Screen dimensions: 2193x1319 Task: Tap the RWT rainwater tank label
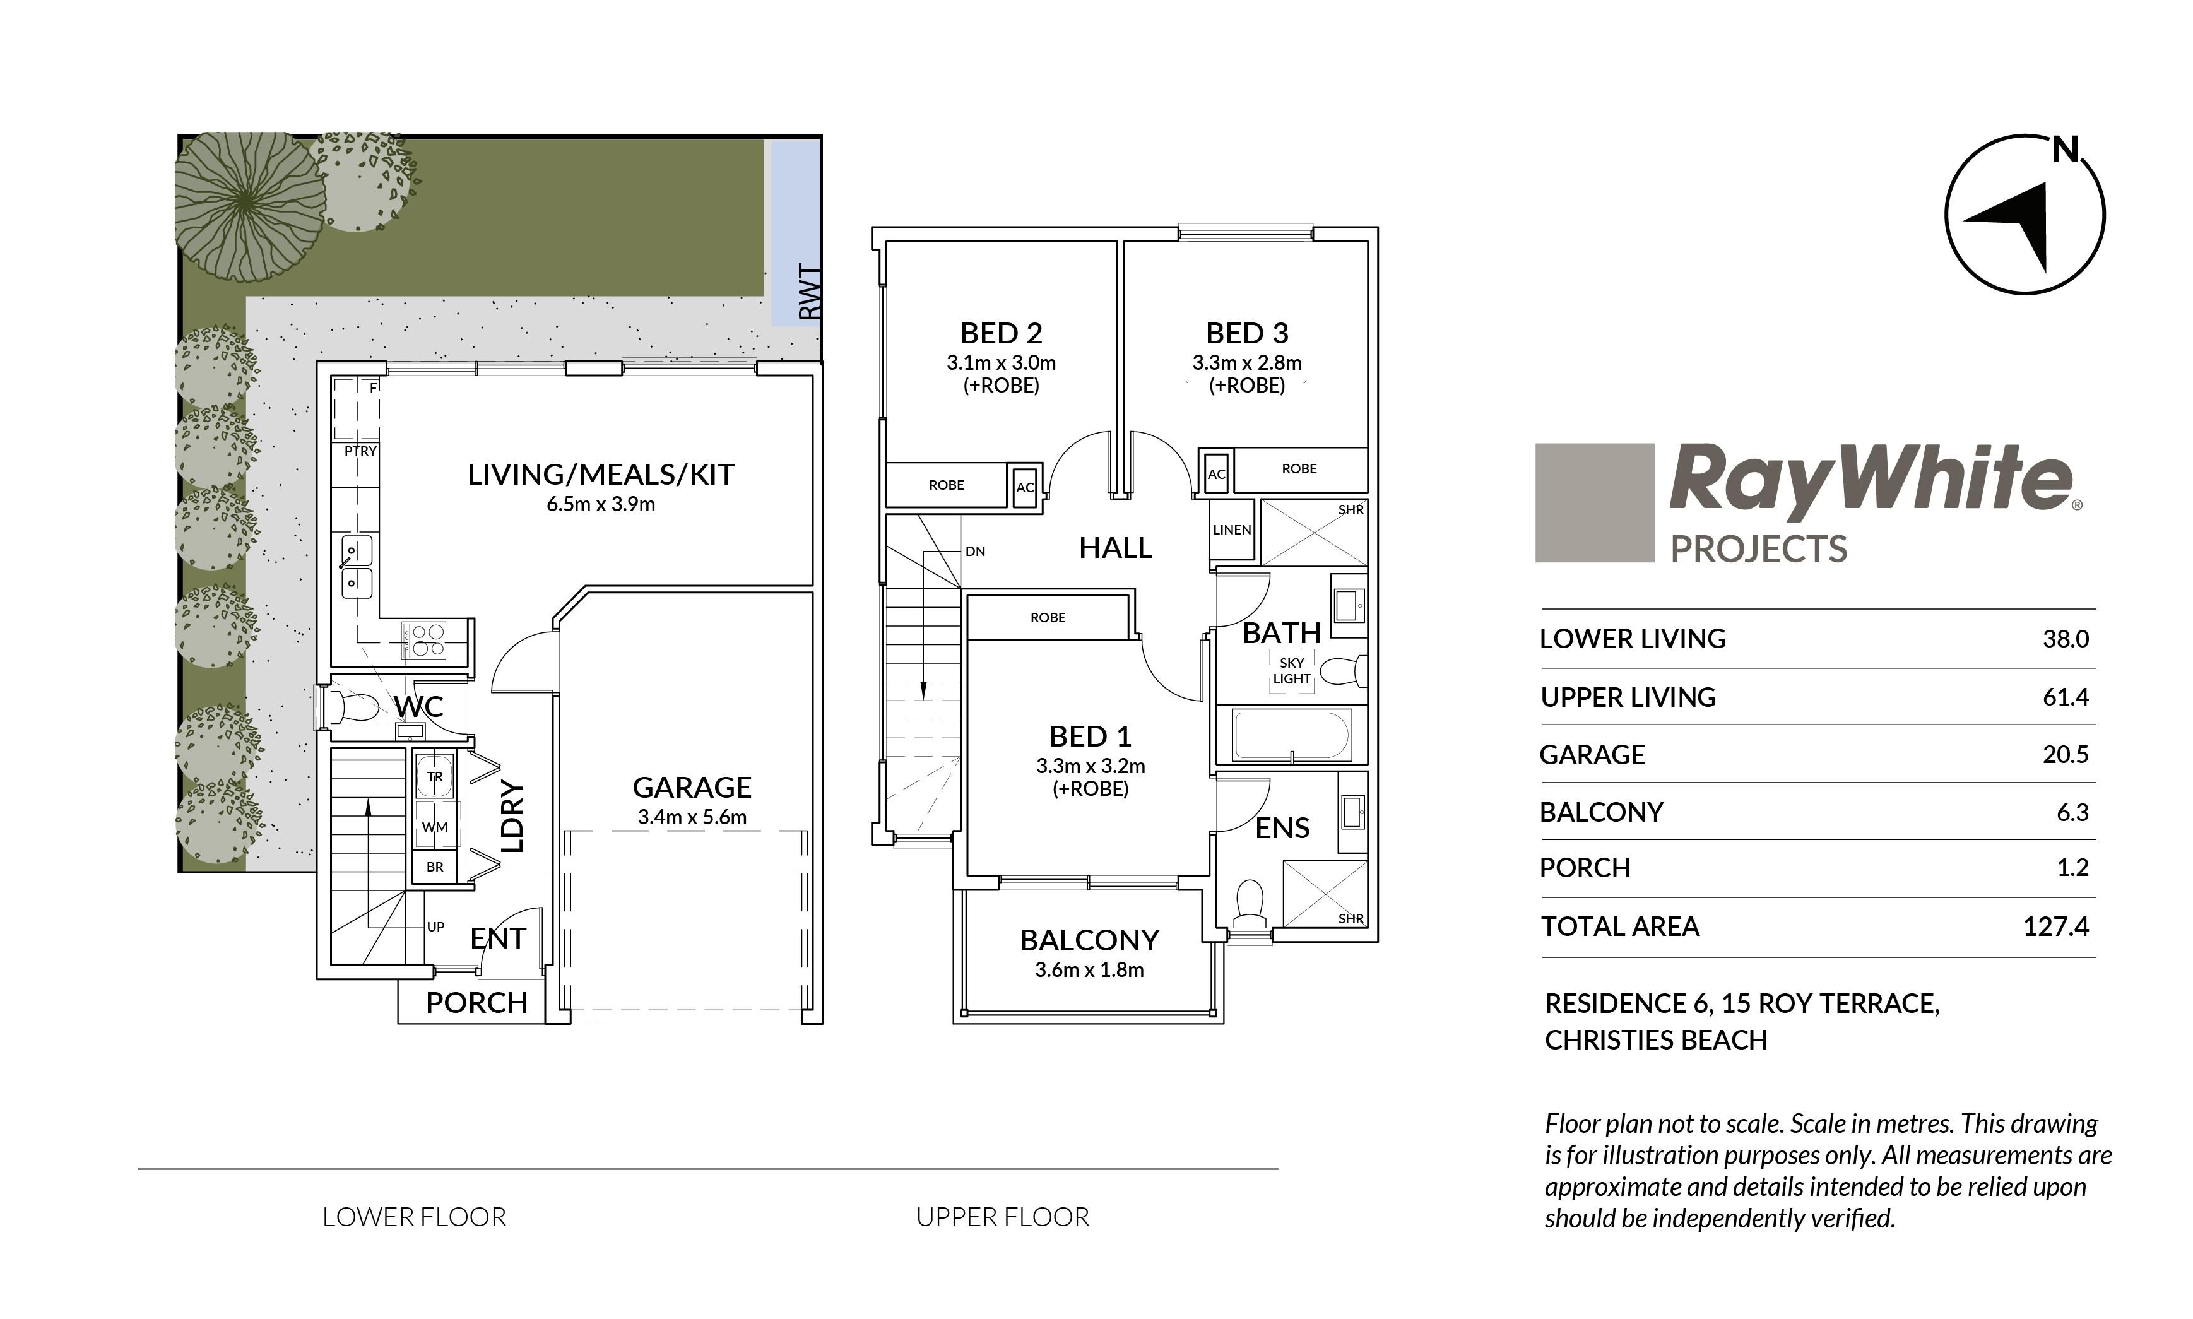pyautogui.click(x=810, y=291)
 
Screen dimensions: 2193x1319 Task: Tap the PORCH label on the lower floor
pyautogui.click(x=476, y=1003)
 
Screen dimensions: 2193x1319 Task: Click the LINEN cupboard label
pyautogui.click(x=1232, y=529)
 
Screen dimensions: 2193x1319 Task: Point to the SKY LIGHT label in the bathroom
pyautogui.click(x=1291, y=671)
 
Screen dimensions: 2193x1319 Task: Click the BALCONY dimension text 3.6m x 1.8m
pyautogui.click(x=1089, y=970)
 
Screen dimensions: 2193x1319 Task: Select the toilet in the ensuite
pyautogui.click(x=1250, y=905)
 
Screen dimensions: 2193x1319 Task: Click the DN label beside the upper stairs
pyautogui.click(x=975, y=551)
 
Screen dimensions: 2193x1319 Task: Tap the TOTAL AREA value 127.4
pyautogui.click(x=2055, y=926)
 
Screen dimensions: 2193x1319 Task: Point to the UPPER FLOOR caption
pyautogui.click(x=1002, y=1217)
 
